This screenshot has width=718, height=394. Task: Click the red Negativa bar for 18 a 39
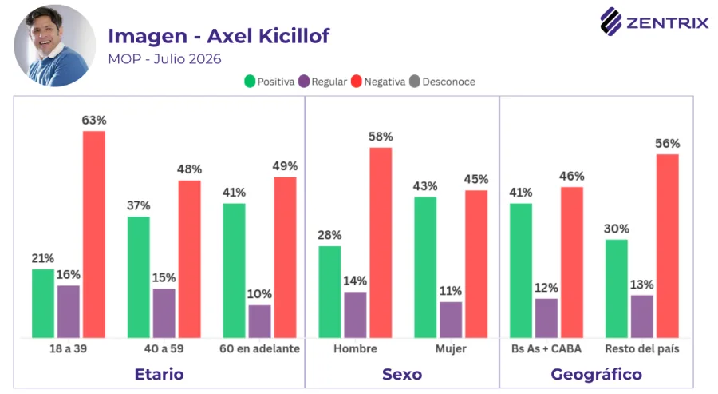[94, 234]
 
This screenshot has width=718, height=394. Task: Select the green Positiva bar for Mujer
[425, 268]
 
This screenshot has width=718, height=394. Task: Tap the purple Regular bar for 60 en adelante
[259, 321]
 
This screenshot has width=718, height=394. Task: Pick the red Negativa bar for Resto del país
[668, 246]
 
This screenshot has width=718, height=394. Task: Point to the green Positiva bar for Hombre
[329, 293]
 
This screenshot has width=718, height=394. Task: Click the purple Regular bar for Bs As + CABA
[546, 318]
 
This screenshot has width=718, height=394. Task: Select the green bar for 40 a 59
[138, 277]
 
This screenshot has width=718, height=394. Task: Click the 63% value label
[94, 120]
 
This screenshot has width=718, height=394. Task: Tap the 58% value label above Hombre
[381, 137]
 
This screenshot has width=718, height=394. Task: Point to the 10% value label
[259, 294]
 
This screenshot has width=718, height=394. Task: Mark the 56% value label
[667, 144]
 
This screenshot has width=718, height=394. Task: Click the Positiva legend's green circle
[250, 82]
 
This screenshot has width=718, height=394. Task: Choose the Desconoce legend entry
[442, 82]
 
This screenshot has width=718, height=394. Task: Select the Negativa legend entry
[378, 82]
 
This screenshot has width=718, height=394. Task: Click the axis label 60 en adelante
[259, 348]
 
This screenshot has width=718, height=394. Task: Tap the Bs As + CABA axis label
[546, 348]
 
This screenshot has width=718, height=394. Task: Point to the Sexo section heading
[402, 374]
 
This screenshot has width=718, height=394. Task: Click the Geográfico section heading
[596, 374]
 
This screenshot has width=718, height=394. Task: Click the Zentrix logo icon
[611, 22]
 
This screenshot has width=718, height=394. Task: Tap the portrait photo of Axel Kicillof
[55, 46]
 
